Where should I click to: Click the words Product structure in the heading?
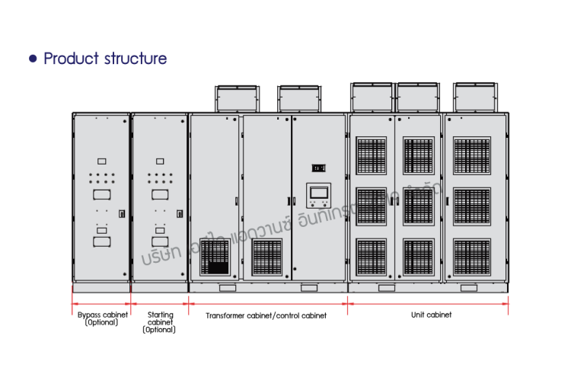[105, 59]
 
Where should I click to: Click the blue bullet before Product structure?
[33, 59]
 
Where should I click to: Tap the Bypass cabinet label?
[102, 315]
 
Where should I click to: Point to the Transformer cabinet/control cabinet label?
[266, 315]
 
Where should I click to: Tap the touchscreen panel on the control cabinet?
[318, 195]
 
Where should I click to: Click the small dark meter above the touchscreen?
[318, 168]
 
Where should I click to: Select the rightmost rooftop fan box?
[475, 97]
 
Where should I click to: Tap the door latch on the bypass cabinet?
[122, 215]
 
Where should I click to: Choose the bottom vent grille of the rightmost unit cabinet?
[472, 256]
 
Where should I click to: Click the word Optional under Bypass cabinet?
[102, 322]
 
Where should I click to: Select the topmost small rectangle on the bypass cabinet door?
[102, 161]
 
